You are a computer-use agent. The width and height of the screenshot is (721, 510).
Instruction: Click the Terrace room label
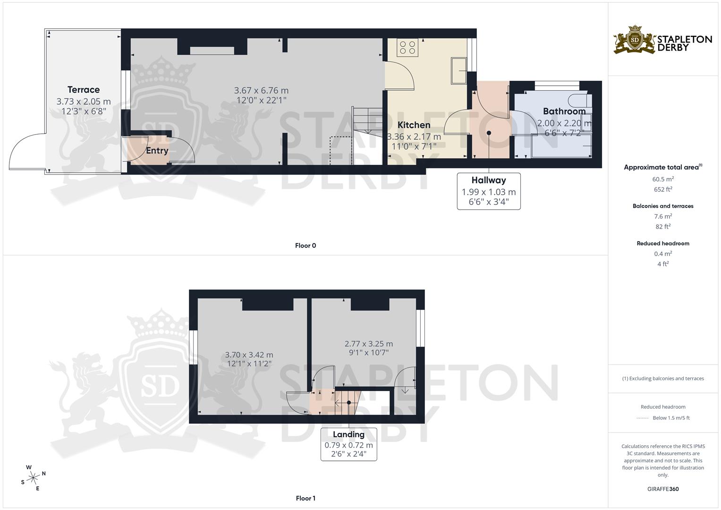[x=84, y=90]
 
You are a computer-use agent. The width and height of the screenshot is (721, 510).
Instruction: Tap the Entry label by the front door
[x=157, y=151]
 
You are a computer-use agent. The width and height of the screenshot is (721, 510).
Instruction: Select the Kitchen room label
[x=414, y=125]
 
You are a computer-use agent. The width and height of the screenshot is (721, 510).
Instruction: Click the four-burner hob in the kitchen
[x=407, y=47]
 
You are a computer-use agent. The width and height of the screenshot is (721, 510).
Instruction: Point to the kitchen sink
[x=458, y=71]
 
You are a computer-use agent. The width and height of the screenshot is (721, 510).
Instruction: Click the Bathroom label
[x=564, y=111]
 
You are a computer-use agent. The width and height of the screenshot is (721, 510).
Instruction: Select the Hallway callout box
[x=489, y=191]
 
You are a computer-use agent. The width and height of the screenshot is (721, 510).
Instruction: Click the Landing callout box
[x=348, y=444]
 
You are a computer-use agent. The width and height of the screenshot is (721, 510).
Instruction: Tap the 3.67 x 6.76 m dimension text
[x=261, y=90]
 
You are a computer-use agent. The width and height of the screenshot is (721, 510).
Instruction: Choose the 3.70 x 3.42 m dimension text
[x=249, y=355]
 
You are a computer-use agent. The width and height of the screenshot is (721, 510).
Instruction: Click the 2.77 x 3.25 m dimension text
[x=368, y=344]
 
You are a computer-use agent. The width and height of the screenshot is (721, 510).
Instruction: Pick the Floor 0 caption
[x=305, y=246]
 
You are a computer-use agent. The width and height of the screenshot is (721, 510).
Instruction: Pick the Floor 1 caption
[x=305, y=498]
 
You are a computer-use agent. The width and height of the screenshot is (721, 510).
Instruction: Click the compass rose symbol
[x=34, y=478]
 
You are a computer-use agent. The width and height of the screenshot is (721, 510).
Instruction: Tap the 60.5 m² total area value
[x=663, y=179]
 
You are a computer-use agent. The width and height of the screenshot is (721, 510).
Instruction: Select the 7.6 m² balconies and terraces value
[x=663, y=216]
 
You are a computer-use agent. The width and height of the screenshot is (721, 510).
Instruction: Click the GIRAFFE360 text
[x=663, y=489]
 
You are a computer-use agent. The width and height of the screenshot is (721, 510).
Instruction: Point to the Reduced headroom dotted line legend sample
[x=643, y=418]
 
